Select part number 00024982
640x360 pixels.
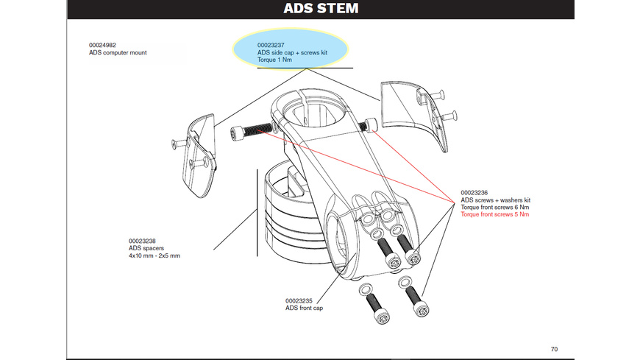point(104,46)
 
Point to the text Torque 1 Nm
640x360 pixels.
point(277,60)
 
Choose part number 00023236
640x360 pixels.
point(475,193)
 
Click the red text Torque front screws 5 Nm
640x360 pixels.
point(494,214)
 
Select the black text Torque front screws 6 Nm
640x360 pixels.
point(494,207)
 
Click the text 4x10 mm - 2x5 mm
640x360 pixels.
point(154,255)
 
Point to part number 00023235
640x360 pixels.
point(299,300)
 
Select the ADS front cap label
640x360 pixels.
point(304,308)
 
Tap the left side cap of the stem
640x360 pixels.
point(201,157)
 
